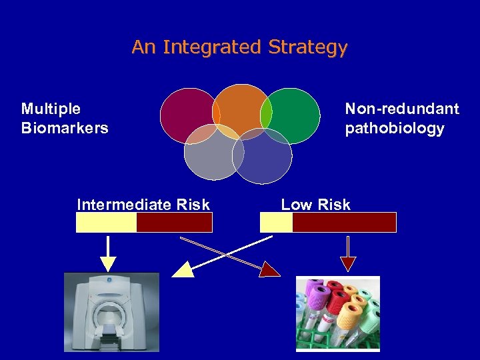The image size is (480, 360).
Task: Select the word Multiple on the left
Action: [51, 109]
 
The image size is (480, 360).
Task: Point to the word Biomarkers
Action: [65, 128]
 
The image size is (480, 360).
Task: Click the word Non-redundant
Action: [402, 109]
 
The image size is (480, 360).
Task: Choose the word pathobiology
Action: [395, 128]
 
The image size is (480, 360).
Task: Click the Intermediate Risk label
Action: [143, 205]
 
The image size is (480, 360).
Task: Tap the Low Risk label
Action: [315, 205]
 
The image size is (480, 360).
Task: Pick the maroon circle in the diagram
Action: [187, 113]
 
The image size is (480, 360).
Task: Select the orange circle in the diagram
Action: [241, 107]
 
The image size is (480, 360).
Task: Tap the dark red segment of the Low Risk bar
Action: [344, 222]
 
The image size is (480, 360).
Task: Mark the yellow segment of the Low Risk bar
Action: [276, 222]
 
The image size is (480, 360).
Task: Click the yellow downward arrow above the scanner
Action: [108, 254]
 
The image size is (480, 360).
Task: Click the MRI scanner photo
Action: [111, 312]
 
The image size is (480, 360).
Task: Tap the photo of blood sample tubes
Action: [337, 313]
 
